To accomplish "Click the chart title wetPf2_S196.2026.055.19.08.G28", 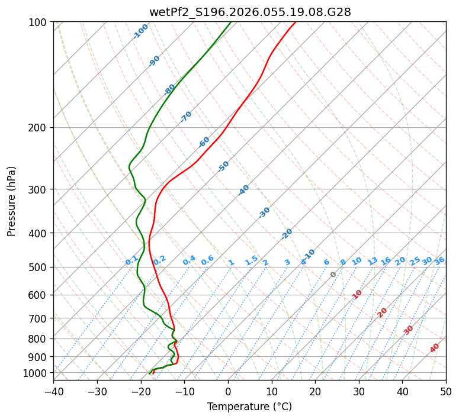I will pyautogui.click(x=249, y=12).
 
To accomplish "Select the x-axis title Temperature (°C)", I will pyautogui.click(x=249, y=407).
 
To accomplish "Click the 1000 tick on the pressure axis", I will pyautogui.click(x=37, y=373).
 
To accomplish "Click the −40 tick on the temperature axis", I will pyautogui.click(x=53, y=392).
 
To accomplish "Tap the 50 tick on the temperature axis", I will pyautogui.click(x=446, y=392).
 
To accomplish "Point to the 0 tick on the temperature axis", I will pyautogui.click(x=228, y=392).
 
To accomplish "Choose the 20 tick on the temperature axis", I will pyautogui.click(x=315, y=392).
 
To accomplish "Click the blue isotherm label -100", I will pyautogui.click(x=141, y=31).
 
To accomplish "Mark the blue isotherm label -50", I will pyautogui.click(x=223, y=166).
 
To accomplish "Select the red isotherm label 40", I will pyautogui.click(x=435, y=348).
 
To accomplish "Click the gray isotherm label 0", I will pyautogui.click(x=333, y=275).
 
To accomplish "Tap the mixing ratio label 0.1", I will pyautogui.click(x=131, y=260).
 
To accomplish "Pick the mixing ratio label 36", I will pyautogui.click(x=439, y=260).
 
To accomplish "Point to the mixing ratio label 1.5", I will pyautogui.click(x=251, y=260).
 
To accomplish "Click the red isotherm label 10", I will pyautogui.click(x=357, y=294).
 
